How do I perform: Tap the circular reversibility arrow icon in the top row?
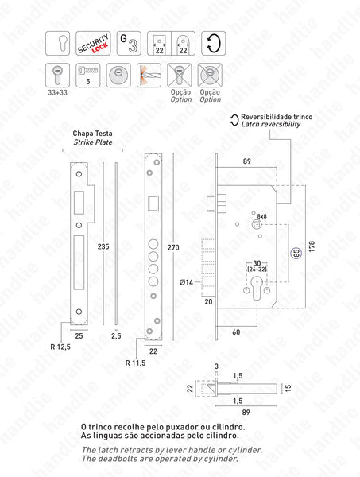click(x=210, y=43)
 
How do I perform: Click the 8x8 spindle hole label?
click(x=261, y=215)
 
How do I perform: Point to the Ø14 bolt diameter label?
click(x=188, y=281)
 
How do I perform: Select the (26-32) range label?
click(x=256, y=269)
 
